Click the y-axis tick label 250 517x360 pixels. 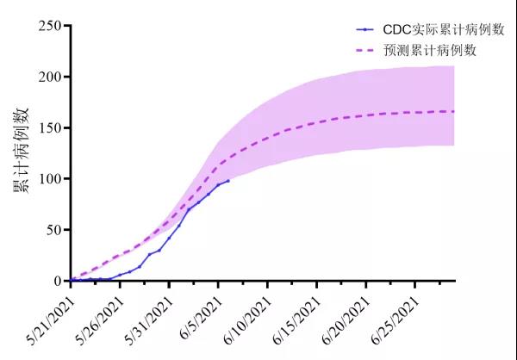click(x=49, y=26)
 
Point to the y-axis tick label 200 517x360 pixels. click(x=49, y=77)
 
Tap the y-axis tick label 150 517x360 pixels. click(x=49, y=127)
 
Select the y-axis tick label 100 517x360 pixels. click(x=49, y=178)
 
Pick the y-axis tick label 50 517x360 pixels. click(x=53, y=230)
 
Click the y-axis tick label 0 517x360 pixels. click(x=57, y=281)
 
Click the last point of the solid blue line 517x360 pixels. click(x=227, y=180)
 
